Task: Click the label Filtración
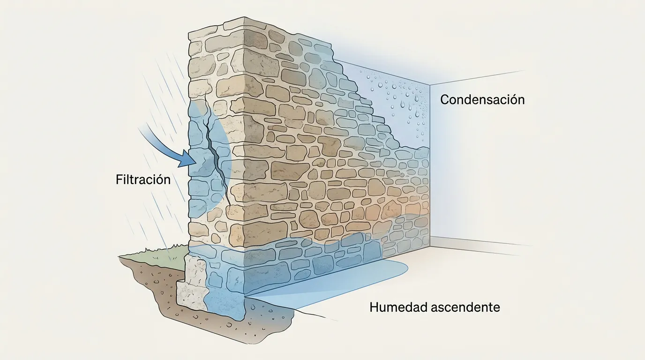click(x=143, y=180)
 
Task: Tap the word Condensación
click(x=482, y=100)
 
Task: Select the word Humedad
click(x=397, y=307)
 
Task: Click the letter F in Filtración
click(x=119, y=180)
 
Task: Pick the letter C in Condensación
click(x=445, y=100)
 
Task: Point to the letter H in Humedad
click(x=374, y=307)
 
